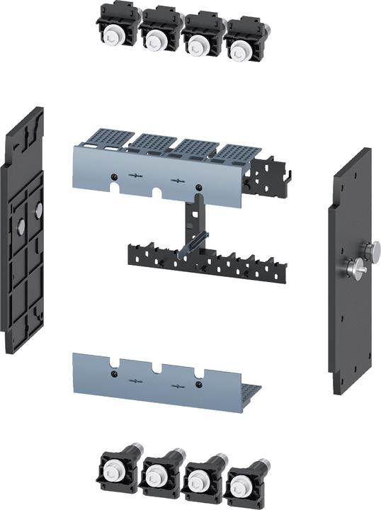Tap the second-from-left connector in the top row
tap(156, 37)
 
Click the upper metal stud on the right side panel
tap(370, 249)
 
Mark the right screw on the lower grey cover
tap(199, 383)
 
